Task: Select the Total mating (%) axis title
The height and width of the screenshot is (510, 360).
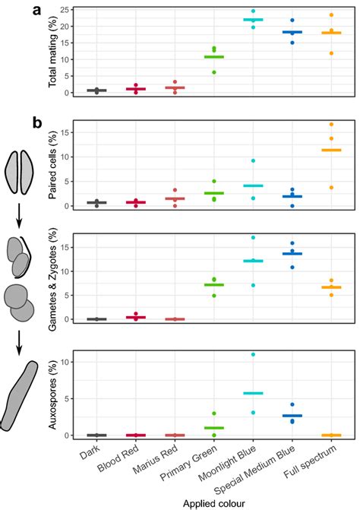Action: (x=53, y=52)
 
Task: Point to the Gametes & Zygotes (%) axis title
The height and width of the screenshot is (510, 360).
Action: (x=53, y=278)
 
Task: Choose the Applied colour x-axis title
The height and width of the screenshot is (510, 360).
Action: (x=213, y=502)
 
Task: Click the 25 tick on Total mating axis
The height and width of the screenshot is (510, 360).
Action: (x=68, y=10)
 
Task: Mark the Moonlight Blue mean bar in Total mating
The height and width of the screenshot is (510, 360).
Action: (x=252, y=20)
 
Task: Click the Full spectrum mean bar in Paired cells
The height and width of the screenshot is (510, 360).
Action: (x=330, y=150)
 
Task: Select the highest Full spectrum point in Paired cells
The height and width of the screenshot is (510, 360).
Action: (x=330, y=124)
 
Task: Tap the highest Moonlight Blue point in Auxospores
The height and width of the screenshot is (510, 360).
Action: (x=252, y=354)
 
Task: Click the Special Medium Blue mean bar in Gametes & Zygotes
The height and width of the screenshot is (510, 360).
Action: (x=292, y=253)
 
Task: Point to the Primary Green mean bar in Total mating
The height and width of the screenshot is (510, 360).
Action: (x=213, y=57)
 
